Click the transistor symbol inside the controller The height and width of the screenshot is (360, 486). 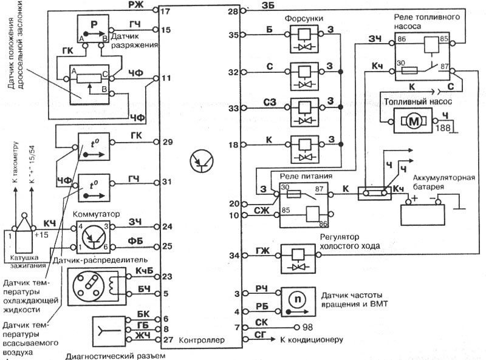point(202,161)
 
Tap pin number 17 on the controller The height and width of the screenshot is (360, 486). point(165,12)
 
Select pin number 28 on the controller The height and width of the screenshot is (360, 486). point(233,12)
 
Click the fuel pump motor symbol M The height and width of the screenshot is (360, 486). point(414,121)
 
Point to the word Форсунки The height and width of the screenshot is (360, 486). point(304,19)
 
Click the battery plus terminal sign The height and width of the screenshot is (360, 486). point(415,199)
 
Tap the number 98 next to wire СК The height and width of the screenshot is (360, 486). point(308,327)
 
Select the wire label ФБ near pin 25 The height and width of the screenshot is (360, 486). point(135,241)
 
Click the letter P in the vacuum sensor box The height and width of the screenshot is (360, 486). point(94,24)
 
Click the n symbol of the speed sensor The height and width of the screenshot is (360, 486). point(298,299)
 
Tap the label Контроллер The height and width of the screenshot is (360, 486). point(202,340)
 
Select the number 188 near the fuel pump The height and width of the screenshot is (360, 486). point(443,127)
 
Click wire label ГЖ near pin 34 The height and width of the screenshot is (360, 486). point(262,251)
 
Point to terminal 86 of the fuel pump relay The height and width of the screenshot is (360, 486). point(402,39)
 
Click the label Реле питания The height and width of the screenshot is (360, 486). point(306,176)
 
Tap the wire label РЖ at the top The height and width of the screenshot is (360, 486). point(135,5)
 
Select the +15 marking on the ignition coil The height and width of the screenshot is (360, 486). point(41,234)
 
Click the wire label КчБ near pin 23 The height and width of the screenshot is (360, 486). point(145,271)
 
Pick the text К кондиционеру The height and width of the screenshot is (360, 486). point(312,339)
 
